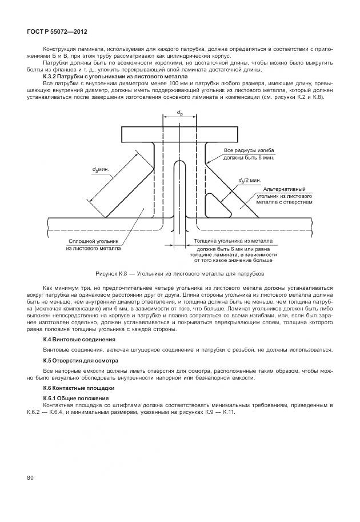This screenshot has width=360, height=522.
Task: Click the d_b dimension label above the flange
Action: [x=180, y=113]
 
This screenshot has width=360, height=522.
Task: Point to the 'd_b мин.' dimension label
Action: [x=102, y=170]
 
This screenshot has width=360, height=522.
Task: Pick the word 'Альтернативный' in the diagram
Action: [x=284, y=189]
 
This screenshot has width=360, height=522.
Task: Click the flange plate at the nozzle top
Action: [x=179, y=134]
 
